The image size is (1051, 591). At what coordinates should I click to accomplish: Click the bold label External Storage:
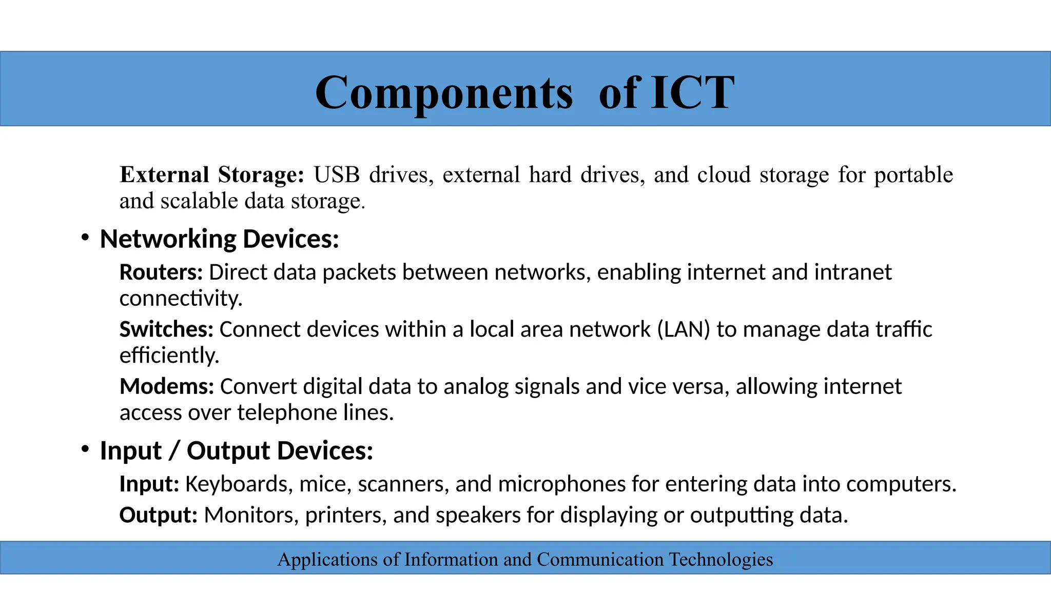(212, 174)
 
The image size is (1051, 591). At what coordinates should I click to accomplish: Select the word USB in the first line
(337, 174)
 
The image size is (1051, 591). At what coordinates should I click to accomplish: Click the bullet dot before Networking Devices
(85, 238)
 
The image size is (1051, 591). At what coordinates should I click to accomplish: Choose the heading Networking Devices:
(219, 239)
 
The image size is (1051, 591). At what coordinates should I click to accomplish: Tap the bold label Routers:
(161, 272)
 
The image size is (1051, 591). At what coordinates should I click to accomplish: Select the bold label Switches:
(166, 329)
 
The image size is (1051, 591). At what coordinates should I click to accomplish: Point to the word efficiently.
(169, 355)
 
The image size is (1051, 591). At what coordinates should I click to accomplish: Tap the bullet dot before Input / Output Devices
(85, 449)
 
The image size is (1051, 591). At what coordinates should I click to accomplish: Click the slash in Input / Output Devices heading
(174, 451)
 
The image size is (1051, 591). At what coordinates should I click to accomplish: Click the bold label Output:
(158, 515)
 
